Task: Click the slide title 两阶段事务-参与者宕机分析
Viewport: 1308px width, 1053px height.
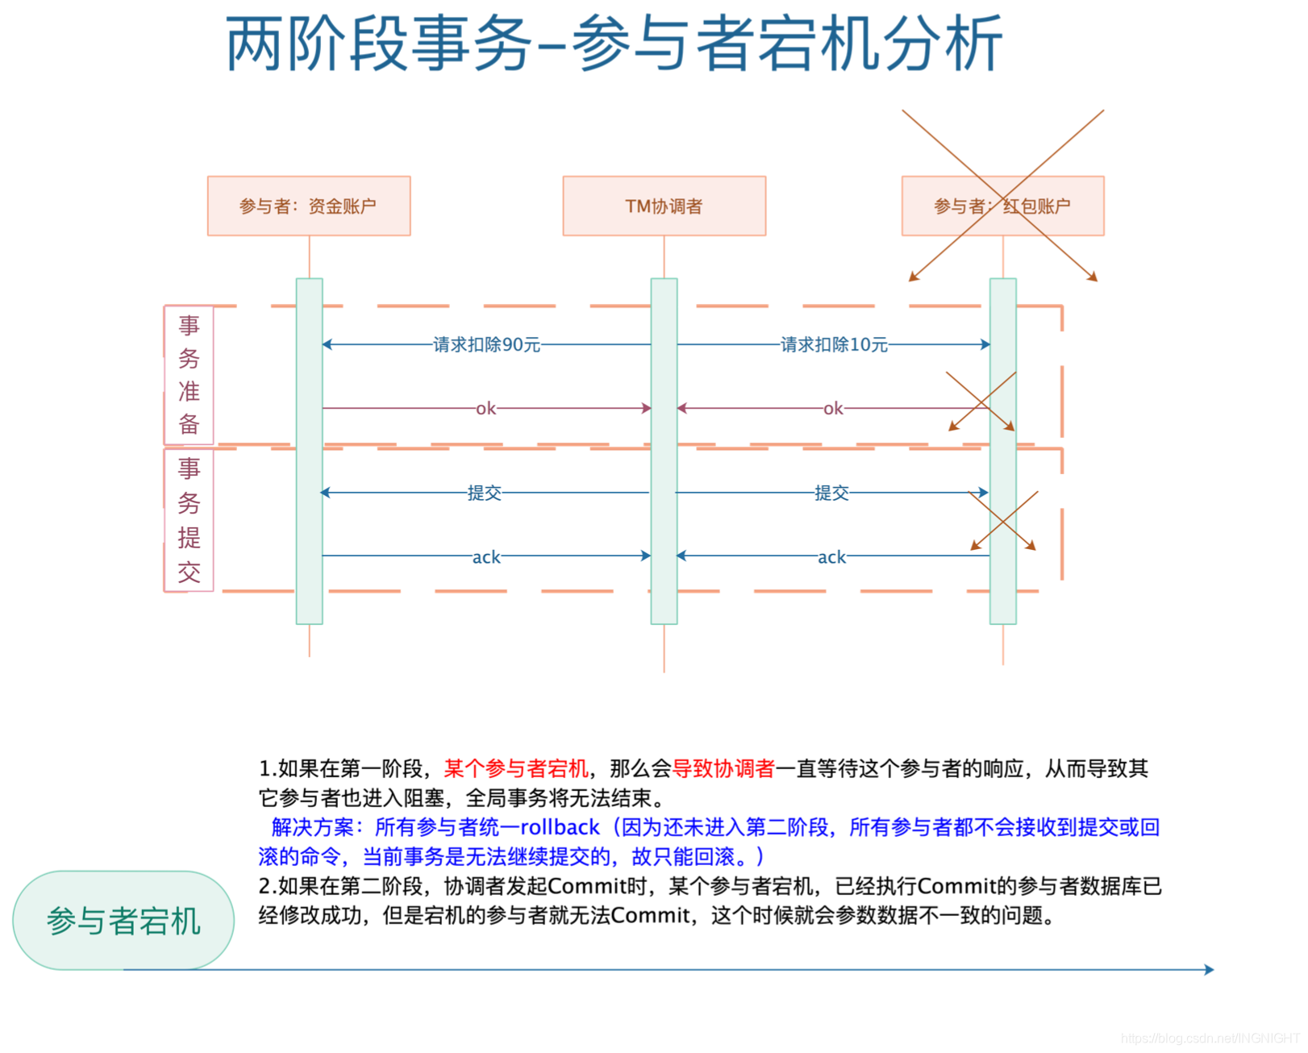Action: pyautogui.click(x=614, y=44)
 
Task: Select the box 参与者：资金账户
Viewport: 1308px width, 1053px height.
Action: pyautogui.click(x=309, y=206)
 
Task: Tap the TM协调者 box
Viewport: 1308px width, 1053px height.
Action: pyautogui.click(x=664, y=206)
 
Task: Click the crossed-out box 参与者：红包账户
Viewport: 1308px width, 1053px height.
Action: pyautogui.click(x=1002, y=206)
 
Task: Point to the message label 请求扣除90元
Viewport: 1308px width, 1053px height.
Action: pyautogui.click(x=486, y=345)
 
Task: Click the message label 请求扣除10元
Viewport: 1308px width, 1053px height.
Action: pyautogui.click(x=834, y=345)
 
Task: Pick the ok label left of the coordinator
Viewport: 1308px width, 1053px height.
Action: pyautogui.click(x=485, y=409)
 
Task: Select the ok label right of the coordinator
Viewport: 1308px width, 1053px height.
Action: pyautogui.click(x=833, y=409)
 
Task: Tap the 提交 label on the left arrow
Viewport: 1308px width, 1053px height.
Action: pyautogui.click(x=485, y=493)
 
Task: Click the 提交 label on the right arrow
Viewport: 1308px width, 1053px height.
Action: pyautogui.click(x=831, y=493)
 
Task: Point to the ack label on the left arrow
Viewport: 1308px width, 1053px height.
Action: pyautogui.click(x=486, y=557)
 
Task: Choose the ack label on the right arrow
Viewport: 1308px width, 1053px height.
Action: pyautogui.click(x=831, y=557)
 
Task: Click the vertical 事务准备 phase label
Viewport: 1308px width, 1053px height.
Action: pyautogui.click(x=190, y=375)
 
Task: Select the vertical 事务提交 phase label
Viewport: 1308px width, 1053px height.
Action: pyautogui.click(x=190, y=520)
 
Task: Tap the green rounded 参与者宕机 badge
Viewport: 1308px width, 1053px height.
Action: pyautogui.click(x=123, y=921)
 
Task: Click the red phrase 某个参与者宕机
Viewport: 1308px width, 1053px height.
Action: pyautogui.click(x=516, y=768)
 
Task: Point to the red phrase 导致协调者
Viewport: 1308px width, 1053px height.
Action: pyautogui.click(x=723, y=768)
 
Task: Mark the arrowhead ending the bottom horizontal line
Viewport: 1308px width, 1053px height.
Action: pyautogui.click(x=1209, y=969)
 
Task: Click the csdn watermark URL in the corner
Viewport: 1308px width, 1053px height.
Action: pyautogui.click(x=1210, y=1038)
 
